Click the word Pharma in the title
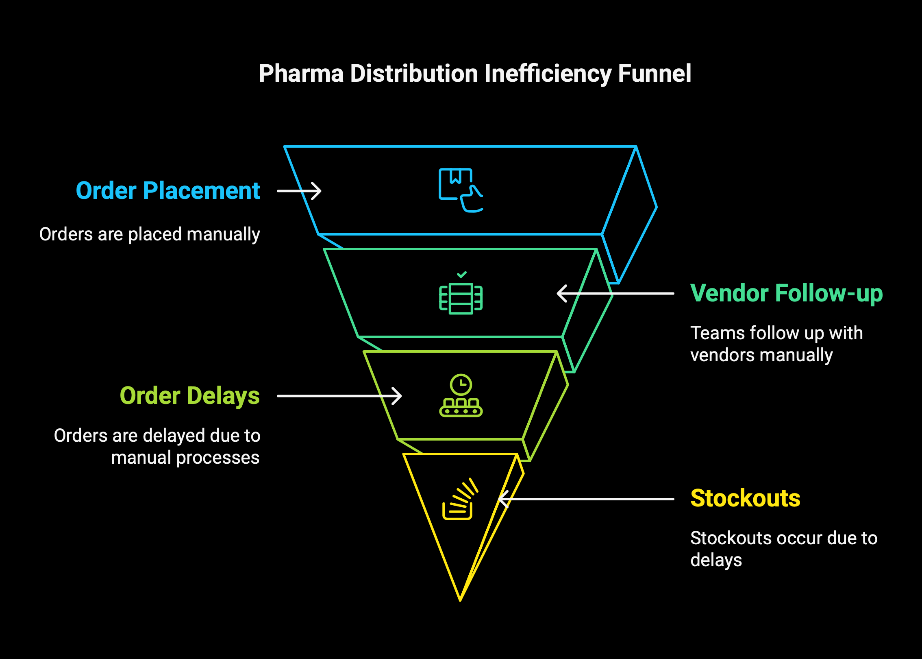click(x=301, y=74)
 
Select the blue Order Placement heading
click(x=168, y=191)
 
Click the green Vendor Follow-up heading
click(x=786, y=294)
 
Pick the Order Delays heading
click(x=190, y=396)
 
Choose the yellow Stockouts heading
click(x=745, y=498)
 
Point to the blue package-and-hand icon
click(x=461, y=190)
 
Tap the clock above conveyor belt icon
click(x=461, y=395)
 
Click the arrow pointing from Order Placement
click(x=299, y=191)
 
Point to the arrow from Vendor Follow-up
click(x=615, y=293)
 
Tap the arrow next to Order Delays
click(x=339, y=396)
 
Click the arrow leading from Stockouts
click(x=586, y=499)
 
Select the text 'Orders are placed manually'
click(x=150, y=235)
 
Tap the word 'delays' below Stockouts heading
click(x=716, y=560)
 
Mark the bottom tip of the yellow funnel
click(x=460, y=600)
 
